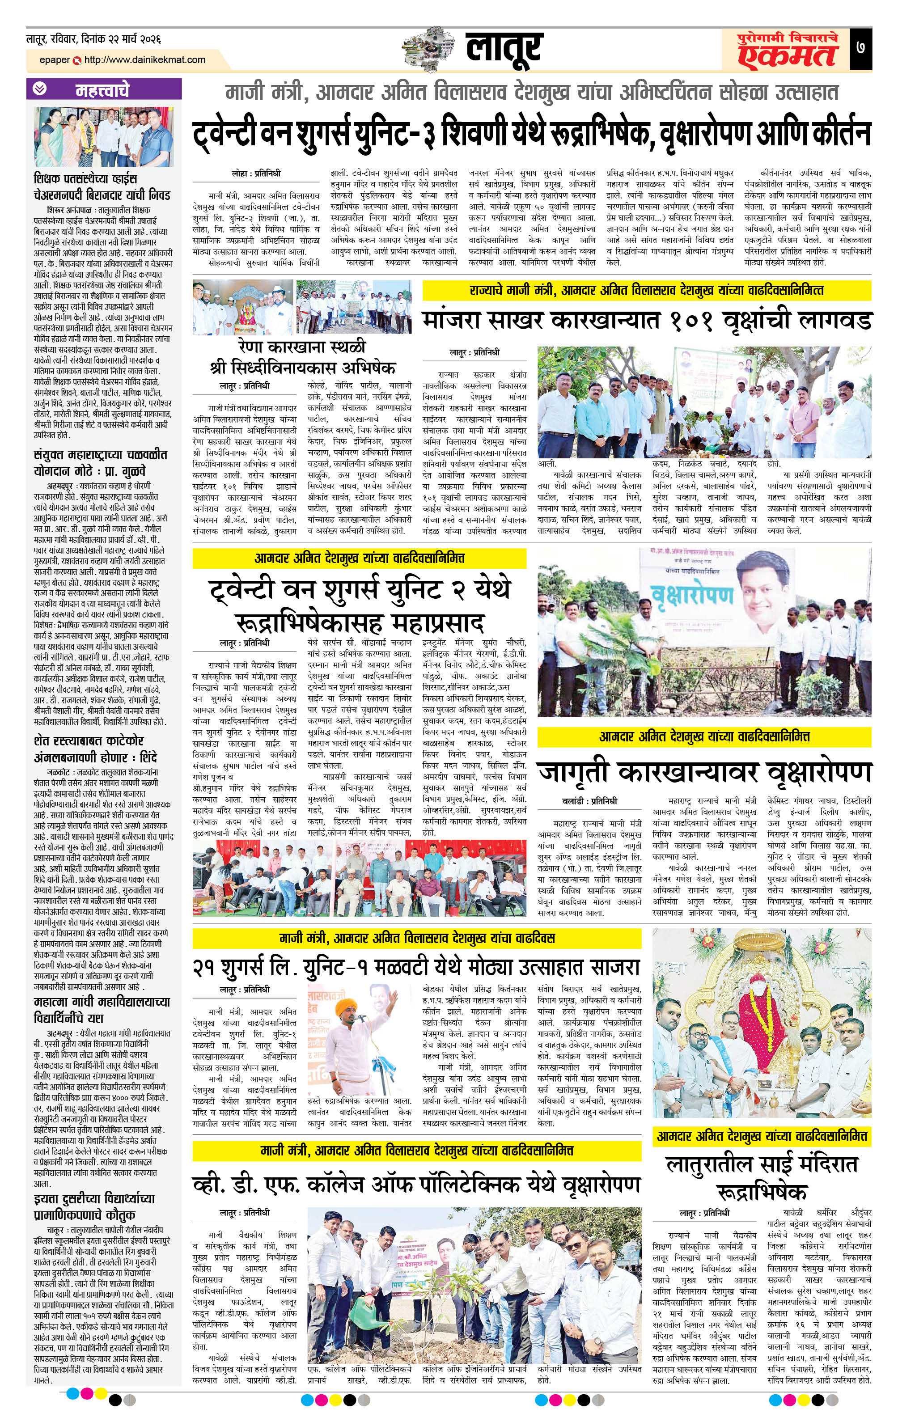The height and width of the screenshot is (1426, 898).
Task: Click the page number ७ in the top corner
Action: click(x=860, y=48)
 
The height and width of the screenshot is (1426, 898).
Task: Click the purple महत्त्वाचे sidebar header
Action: click(x=104, y=89)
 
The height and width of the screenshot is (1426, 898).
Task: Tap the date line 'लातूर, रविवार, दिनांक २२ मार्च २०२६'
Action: click(x=93, y=39)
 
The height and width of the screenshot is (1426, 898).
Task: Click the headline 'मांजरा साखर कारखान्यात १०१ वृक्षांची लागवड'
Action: click(x=646, y=320)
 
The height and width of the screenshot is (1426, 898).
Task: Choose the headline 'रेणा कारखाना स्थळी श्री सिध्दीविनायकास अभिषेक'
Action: click(x=302, y=356)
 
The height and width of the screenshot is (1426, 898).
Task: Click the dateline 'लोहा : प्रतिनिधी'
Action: click(x=256, y=173)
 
